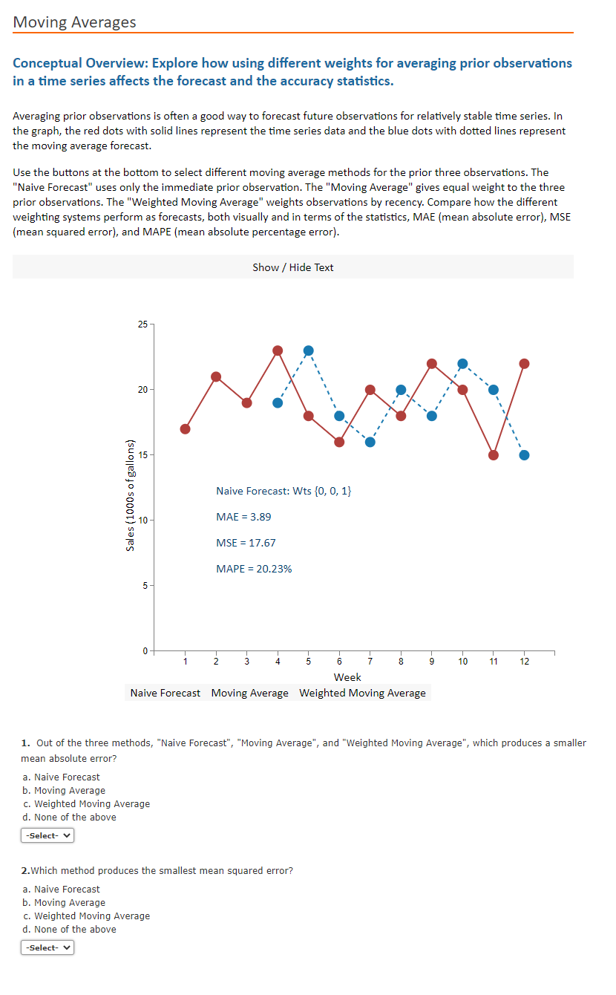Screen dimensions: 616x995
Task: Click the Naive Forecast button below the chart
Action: pos(165,693)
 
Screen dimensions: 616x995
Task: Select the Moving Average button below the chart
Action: pos(249,693)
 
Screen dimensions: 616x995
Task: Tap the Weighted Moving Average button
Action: pos(362,693)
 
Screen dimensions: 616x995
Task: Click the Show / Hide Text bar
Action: pos(292,267)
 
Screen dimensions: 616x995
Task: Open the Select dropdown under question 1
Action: pos(47,835)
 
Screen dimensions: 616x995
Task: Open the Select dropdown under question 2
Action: pos(47,947)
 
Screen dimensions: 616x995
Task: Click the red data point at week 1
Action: pos(186,429)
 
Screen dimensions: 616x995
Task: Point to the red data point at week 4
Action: pos(278,350)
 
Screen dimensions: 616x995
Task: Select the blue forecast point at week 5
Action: pos(309,350)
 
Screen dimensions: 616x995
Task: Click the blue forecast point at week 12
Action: pos(524,455)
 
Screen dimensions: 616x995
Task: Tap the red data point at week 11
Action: pos(494,455)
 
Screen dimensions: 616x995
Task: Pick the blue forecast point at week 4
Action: pos(278,403)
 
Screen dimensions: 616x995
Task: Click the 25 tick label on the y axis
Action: pos(142,324)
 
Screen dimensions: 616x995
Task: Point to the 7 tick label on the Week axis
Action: pos(370,662)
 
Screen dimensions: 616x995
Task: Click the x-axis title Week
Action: pos(347,677)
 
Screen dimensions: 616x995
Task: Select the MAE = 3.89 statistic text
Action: pos(243,517)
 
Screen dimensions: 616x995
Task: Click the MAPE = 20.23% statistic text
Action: pos(254,569)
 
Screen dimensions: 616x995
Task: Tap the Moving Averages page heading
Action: pos(74,22)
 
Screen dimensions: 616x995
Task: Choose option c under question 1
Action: pos(86,803)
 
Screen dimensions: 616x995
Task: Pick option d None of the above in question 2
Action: pos(69,929)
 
